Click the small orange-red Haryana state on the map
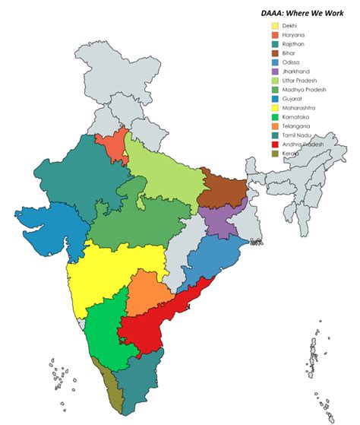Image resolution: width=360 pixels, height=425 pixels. click(x=112, y=146)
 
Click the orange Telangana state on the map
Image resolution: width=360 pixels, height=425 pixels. click(x=149, y=293)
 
